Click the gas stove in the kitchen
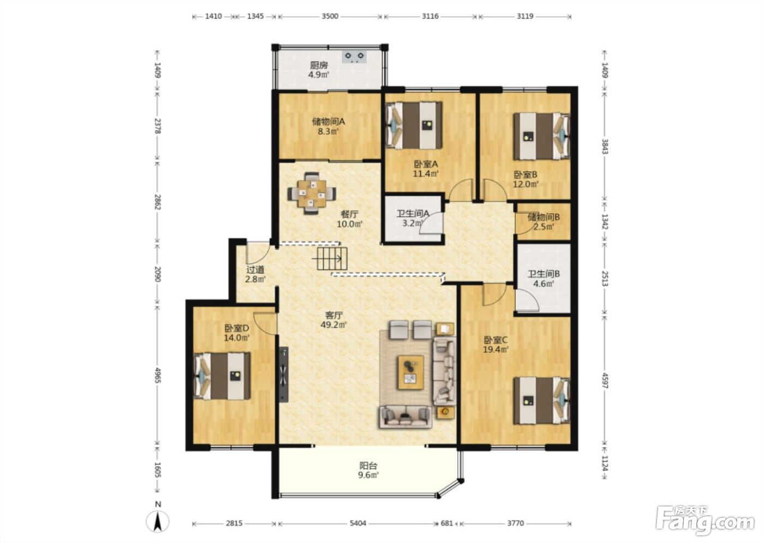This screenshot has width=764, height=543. click(355, 57)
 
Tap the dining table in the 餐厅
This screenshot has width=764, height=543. click(312, 194)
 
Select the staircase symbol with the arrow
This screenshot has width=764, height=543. click(332, 258)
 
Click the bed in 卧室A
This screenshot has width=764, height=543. click(414, 125)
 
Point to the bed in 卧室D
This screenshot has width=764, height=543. click(222, 376)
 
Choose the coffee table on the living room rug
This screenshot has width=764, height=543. click(410, 372)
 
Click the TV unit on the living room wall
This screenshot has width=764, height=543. click(284, 375)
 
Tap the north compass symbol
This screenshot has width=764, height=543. click(158, 519)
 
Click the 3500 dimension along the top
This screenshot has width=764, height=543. click(330, 16)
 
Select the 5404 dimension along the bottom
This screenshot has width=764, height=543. click(358, 523)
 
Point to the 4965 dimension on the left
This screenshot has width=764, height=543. click(157, 375)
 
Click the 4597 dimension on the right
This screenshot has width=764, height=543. click(605, 382)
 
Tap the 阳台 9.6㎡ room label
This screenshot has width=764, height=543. click(368, 470)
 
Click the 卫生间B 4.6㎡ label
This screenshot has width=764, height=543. click(544, 278)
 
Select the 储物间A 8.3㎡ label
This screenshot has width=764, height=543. click(329, 126)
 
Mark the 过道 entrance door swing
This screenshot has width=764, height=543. click(258, 254)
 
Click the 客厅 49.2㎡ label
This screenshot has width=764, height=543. click(333, 320)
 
